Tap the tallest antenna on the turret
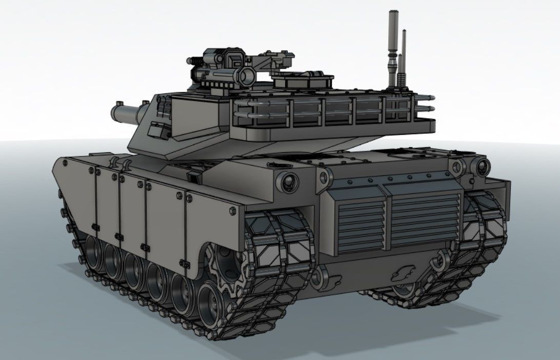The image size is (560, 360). (x=393, y=46)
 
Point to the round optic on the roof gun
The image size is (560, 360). (x=247, y=75)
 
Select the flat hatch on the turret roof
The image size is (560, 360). (x=303, y=79)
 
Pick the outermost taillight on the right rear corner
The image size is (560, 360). (x=483, y=166)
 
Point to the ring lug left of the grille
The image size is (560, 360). (x=324, y=177)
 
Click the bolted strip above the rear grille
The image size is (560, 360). (x=390, y=179)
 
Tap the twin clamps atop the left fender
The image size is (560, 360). (x=119, y=164)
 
